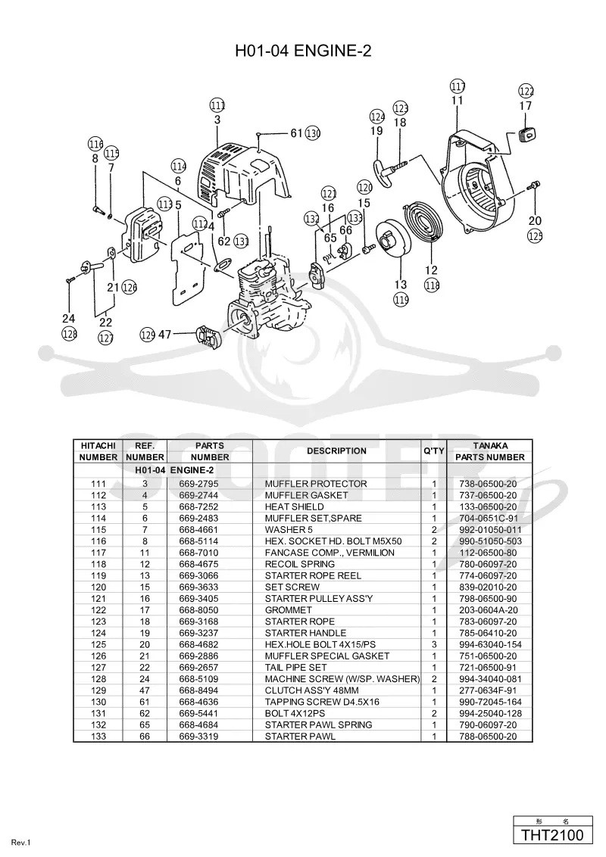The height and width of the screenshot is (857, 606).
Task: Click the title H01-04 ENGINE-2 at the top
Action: [x=303, y=51]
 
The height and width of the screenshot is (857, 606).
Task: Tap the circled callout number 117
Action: [x=458, y=86]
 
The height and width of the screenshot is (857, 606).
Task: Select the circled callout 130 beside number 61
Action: [x=313, y=132]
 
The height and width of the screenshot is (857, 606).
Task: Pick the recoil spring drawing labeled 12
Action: [x=426, y=226]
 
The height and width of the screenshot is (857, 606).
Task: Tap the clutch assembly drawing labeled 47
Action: [x=208, y=335]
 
